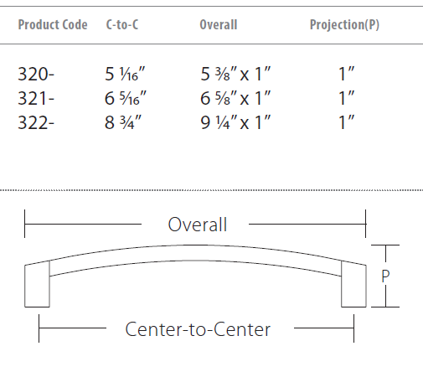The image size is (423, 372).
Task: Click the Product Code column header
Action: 53,24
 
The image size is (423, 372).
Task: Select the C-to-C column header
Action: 122,24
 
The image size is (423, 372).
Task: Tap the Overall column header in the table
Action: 219,24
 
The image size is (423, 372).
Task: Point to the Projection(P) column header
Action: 344,25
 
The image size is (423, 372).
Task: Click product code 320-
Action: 36,75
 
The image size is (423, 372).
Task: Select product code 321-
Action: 36,98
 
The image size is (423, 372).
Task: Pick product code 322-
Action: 36,122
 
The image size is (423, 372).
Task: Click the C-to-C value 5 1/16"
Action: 125,74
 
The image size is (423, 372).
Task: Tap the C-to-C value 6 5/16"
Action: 126,98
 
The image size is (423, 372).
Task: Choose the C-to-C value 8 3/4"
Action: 123,122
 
